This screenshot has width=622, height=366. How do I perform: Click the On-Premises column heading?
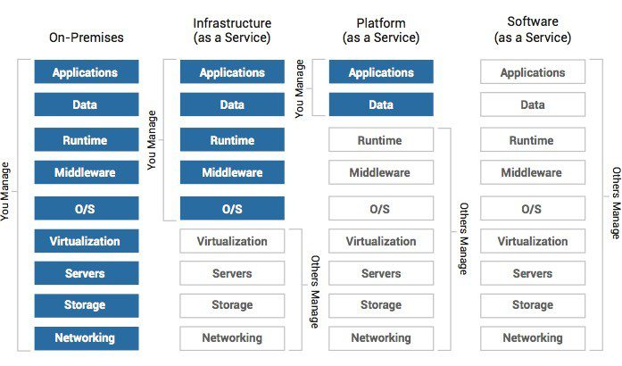[x=87, y=37]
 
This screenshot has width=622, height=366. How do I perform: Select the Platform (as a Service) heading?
[x=381, y=29]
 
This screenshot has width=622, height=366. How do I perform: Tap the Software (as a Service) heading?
[x=533, y=29]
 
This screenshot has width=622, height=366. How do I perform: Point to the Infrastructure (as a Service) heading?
[x=232, y=29]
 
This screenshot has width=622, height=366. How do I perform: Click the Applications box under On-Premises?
[x=87, y=72]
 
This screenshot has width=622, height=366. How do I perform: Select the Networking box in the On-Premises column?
[x=87, y=338]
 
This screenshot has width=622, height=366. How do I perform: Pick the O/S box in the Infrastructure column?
[x=232, y=209]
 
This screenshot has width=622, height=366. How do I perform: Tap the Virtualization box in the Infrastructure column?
[x=232, y=241]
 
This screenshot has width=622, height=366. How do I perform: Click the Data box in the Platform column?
[x=381, y=105]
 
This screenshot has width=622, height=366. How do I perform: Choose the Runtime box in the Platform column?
[x=381, y=140]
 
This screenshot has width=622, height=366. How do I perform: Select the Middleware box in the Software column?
[x=533, y=172]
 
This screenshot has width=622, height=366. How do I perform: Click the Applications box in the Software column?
[x=533, y=72]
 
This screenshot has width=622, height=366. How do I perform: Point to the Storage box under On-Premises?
[x=87, y=305]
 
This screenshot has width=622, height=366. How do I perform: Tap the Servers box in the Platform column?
[x=381, y=273]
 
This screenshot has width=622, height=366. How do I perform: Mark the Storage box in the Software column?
[x=533, y=305]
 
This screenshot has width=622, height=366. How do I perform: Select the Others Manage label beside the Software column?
[x=615, y=203]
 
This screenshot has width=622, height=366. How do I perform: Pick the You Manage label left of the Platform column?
[x=300, y=89]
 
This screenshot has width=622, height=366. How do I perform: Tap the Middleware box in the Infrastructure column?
[x=232, y=172]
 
